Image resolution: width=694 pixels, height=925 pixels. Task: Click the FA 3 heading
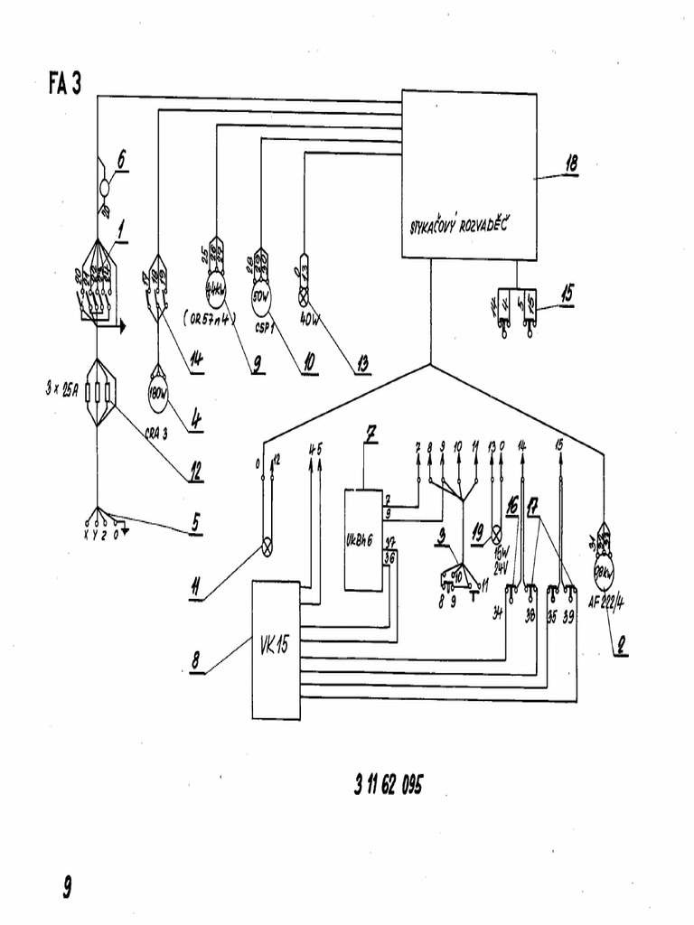point(65,84)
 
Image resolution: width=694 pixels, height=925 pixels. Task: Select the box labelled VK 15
point(276,649)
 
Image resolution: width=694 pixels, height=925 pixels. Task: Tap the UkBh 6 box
point(363,540)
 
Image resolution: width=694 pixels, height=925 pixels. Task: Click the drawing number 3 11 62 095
point(388,784)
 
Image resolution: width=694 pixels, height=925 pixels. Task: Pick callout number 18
point(570,164)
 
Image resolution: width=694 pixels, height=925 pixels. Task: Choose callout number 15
point(566,293)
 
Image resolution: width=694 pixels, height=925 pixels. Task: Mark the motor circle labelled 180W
point(159,392)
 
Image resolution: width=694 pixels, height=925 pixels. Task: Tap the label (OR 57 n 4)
point(210,318)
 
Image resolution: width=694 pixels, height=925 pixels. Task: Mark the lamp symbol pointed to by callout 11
point(267,545)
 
